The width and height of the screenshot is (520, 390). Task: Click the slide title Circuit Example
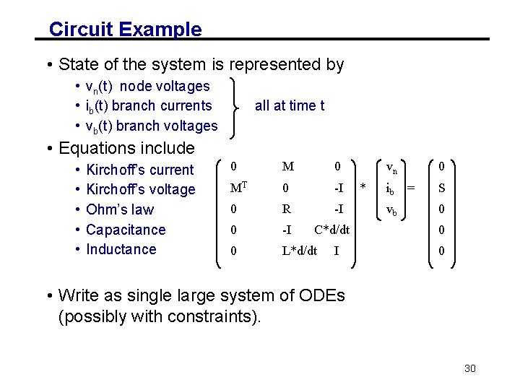(125, 30)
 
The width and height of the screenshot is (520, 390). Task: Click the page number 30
(470, 368)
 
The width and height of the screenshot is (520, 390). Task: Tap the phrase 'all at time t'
(290, 105)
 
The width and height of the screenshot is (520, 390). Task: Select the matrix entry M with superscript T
(239, 188)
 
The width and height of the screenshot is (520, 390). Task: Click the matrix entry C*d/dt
(332, 230)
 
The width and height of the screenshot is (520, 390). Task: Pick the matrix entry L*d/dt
(299, 250)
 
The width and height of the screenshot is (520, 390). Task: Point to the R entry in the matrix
(286, 209)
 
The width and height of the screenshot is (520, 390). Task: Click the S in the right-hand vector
(441, 189)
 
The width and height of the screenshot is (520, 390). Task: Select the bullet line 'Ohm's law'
(120, 209)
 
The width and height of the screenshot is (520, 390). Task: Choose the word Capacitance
(126, 230)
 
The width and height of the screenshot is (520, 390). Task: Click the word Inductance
(121, 249)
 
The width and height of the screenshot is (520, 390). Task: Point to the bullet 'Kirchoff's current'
(139, 170)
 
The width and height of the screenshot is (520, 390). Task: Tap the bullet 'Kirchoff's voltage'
(140, 189)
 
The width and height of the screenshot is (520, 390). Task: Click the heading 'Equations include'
(126, 148)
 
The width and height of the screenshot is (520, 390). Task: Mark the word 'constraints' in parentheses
(216, 316)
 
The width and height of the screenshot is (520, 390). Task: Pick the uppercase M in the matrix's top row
(287, 167)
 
